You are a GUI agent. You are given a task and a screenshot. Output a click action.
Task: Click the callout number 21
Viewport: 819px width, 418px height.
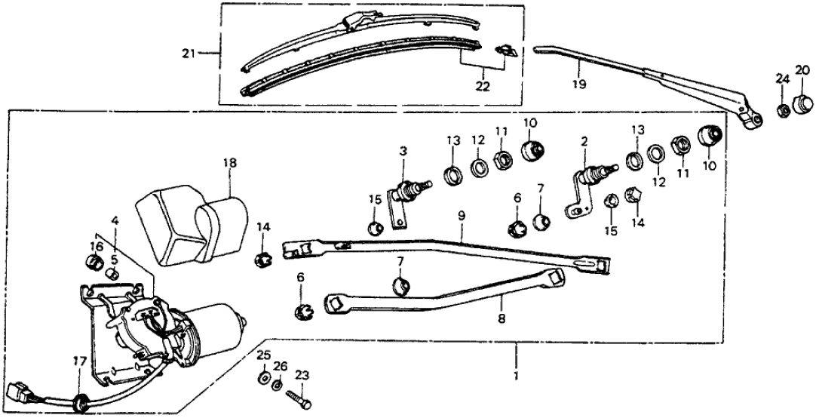pyautogui.click(x=188, y=53)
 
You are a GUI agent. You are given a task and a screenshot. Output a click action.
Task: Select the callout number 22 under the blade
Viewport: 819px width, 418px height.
pyautogui.click(x=483, y=86)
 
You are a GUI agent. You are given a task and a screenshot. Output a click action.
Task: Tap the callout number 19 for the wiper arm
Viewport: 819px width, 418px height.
pyautogui.click(x=578, y=85)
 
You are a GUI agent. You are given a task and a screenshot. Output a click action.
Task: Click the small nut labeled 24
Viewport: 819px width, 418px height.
pyautogui.click(x=783, y=109)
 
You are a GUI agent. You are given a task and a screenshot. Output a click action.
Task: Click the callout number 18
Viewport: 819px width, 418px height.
pyautogui.click(x=229, y=163)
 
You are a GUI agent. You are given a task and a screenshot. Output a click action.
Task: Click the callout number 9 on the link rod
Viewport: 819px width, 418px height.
pyautogui.click(x=461, y=217)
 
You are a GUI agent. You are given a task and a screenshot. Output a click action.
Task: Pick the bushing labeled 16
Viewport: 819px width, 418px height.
pyautogui.click(x=95, y=263)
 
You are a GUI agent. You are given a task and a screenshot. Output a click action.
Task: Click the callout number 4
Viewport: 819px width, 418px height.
pyautogui.click(x=114, y=221)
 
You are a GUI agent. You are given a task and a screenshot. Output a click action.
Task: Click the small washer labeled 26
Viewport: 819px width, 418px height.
pyautogui.click(x=278, y=386)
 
